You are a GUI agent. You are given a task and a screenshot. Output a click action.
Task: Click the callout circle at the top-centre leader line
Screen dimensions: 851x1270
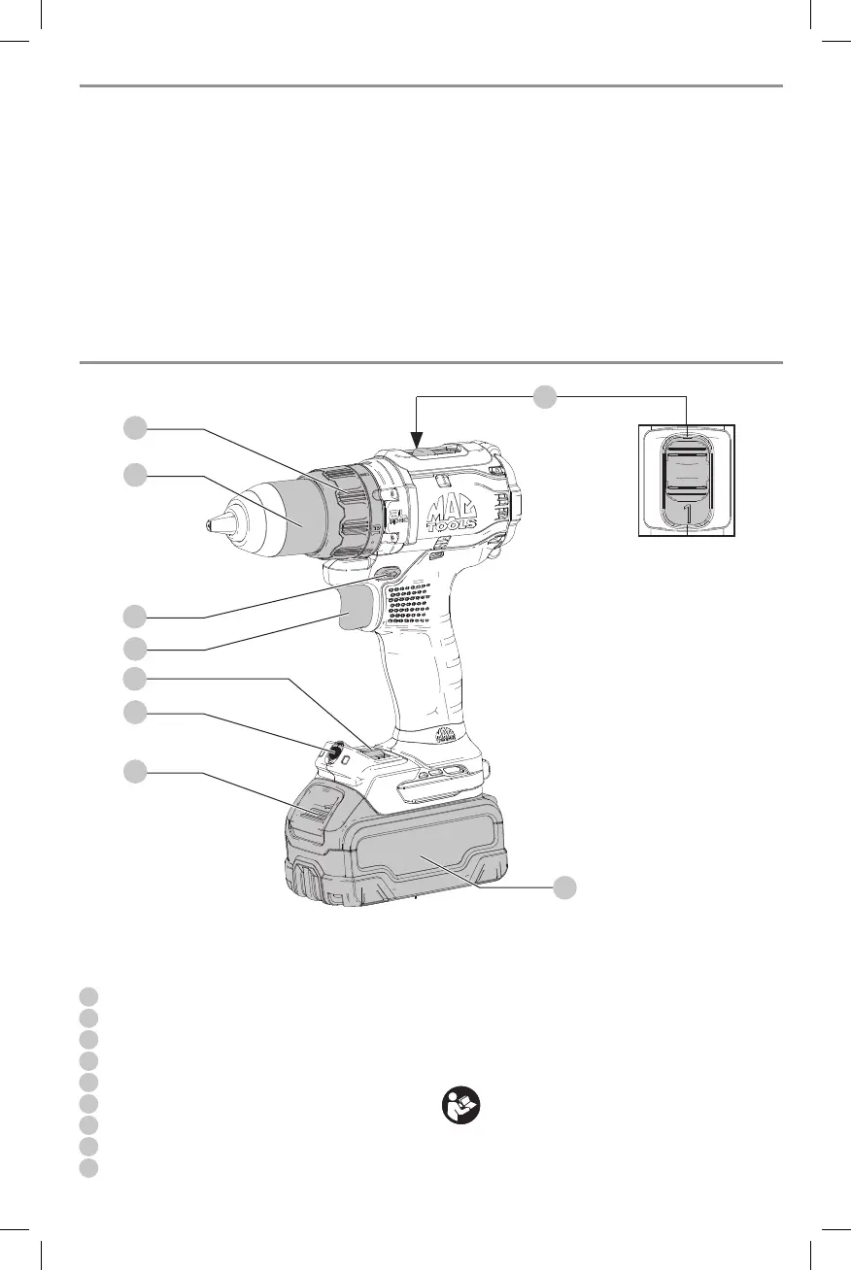(547, 395)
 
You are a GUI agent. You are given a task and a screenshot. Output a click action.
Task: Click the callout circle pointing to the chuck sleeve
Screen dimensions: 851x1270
(135, 475)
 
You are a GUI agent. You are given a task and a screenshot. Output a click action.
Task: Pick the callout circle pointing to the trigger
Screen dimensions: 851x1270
(135, 648)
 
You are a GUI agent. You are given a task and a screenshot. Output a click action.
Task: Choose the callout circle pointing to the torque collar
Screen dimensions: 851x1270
(135, 427)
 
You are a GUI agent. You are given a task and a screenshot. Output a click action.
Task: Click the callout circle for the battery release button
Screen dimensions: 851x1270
(135, 772)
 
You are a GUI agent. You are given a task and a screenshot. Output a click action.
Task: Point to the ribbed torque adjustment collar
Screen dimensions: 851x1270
(354, 505)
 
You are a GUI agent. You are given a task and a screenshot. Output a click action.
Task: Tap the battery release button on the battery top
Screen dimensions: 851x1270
(313, 805)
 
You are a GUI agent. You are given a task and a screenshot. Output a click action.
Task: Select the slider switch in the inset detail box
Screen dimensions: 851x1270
(687, 476)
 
